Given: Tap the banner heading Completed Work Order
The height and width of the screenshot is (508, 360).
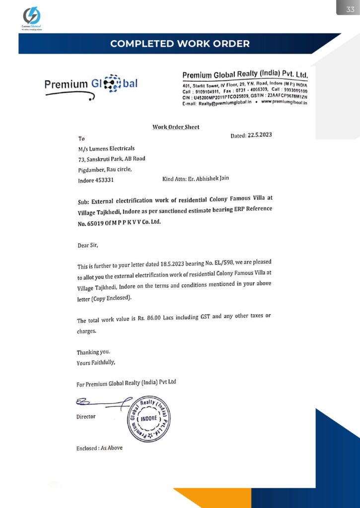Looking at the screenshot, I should click(x=180, y=44).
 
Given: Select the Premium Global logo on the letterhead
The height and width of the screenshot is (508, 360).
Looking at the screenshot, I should click(x=91, y=84).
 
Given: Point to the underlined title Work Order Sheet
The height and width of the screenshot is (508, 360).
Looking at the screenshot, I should click(x=176, y=127).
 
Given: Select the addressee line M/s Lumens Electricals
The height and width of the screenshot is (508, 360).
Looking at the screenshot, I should click(x=106, y=148).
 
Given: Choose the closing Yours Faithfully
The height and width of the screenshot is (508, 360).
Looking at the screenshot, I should click(x=96, y=362).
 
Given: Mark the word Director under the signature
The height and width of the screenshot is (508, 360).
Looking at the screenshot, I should click(x=86, y=417).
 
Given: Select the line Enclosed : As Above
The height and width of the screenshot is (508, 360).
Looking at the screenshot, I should click(x=99, y=448).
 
